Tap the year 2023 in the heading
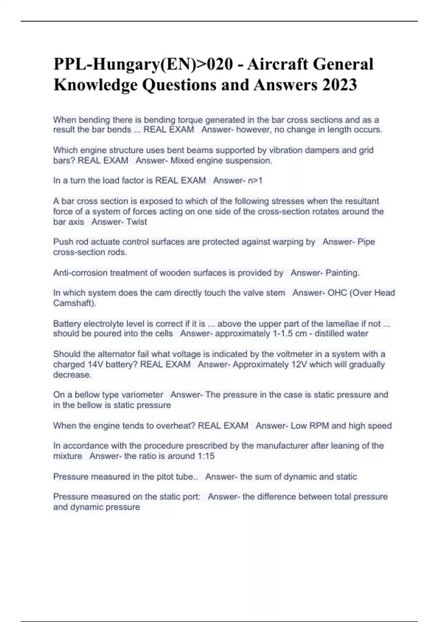pyautogui.click(x=339, y=85)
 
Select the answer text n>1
pyautogui.click(x=255, y=180)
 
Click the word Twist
pyautogui.click(x=136, y=222)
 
